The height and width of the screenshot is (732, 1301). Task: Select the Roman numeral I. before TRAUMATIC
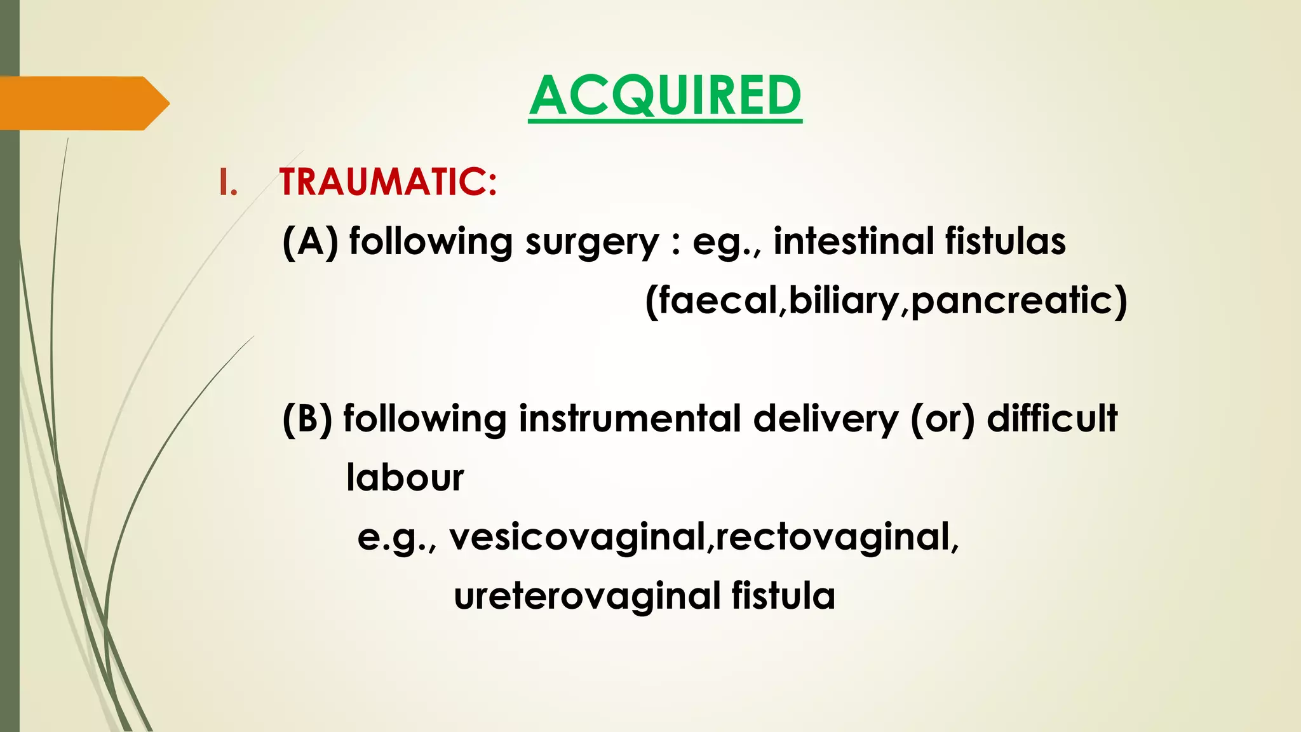[x=227, y=182]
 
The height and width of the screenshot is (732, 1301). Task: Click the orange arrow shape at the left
[x=83, y=103]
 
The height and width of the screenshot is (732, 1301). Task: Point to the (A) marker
[x=310, y=242]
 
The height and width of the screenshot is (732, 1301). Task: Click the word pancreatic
[x=1012, y=301]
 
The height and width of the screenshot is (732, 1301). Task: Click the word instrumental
[x=630, y=419]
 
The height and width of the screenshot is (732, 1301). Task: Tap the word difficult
[x=1052, y=419]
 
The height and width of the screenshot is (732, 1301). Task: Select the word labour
[x=405, y=478]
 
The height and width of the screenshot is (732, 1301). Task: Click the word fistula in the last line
[x=783, y=595]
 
